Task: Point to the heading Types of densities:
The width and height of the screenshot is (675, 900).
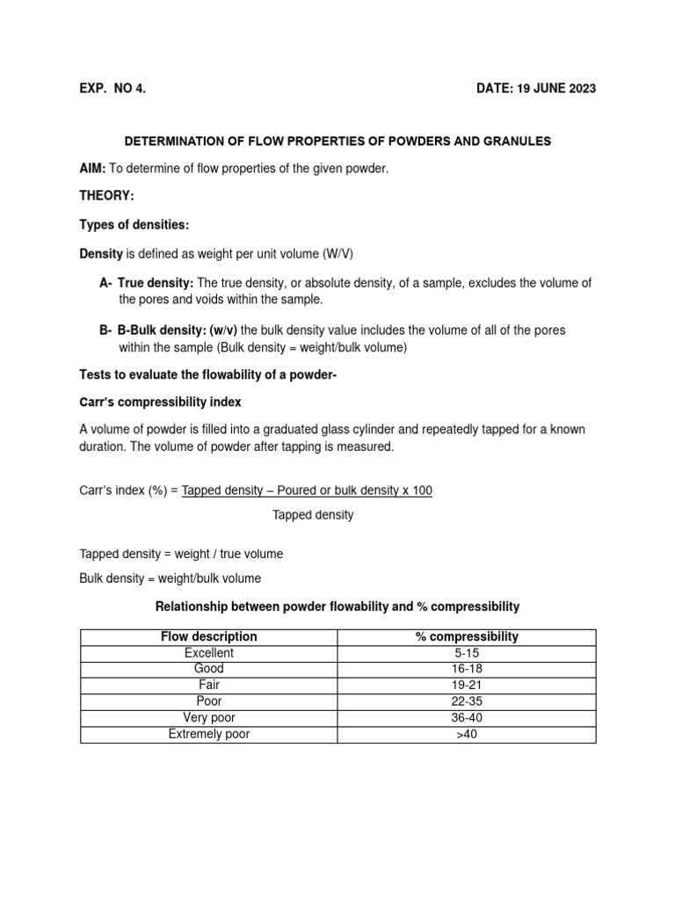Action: (134, 225)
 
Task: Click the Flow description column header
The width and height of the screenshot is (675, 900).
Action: (209, 636)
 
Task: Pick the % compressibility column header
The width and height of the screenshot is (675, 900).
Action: (467, 636)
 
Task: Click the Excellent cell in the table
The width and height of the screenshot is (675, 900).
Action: (209, 653)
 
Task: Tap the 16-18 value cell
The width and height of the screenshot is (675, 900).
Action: (467, 669)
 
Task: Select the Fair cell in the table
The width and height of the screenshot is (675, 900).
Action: (209, 685)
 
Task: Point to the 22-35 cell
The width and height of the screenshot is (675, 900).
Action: (467, 701)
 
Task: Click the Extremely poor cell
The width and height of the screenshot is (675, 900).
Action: (209, 734)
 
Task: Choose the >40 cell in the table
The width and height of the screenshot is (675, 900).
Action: (467, 734)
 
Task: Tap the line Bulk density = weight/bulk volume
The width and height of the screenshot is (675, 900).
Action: (170, 578)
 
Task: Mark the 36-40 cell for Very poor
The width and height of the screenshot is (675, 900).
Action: (467, 717)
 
